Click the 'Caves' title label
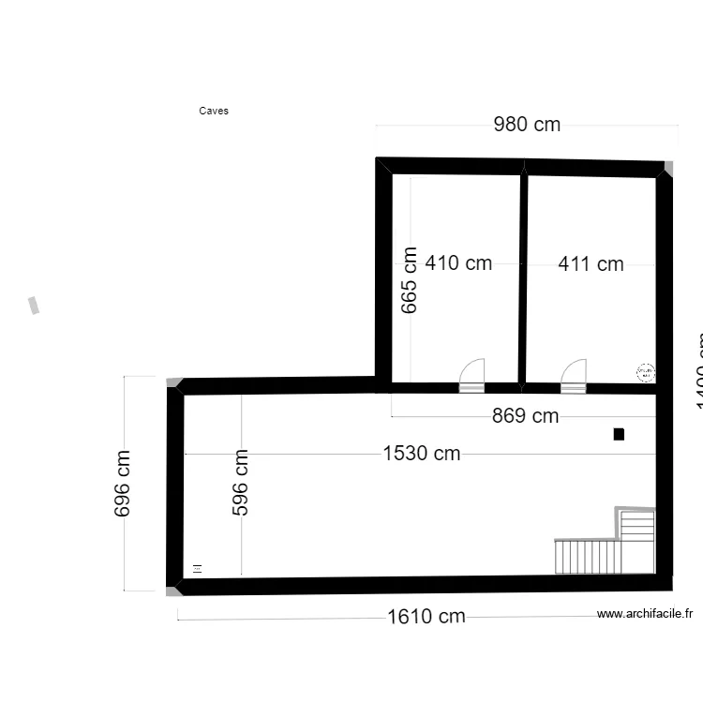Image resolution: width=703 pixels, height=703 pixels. pos(214,111)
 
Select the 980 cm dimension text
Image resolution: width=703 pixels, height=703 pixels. pos(527,125)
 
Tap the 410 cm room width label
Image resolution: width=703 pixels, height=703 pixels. pos(458,263)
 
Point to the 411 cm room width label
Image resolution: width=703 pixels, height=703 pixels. pos(591,264)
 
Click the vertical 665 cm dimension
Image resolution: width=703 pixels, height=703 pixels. pos(409,280)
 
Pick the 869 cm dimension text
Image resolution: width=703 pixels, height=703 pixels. pos(525,416)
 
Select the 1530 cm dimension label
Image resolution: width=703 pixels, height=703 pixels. pos(422,454)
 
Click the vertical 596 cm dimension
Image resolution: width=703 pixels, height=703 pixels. pos(241,484)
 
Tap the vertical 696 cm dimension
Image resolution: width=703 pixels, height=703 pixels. pos(123,484)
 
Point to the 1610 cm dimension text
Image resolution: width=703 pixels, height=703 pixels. pos(426,617)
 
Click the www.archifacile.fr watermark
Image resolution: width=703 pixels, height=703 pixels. pos(645,615)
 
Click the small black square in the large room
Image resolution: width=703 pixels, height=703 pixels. pos(619,434)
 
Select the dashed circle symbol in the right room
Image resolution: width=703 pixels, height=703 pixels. pos(646,372)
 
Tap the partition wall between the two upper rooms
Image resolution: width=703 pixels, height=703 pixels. pos(523,277)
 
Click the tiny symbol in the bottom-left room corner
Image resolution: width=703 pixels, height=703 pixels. pos(197,568)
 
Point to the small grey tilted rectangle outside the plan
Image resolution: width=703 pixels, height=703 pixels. pos(35,306)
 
